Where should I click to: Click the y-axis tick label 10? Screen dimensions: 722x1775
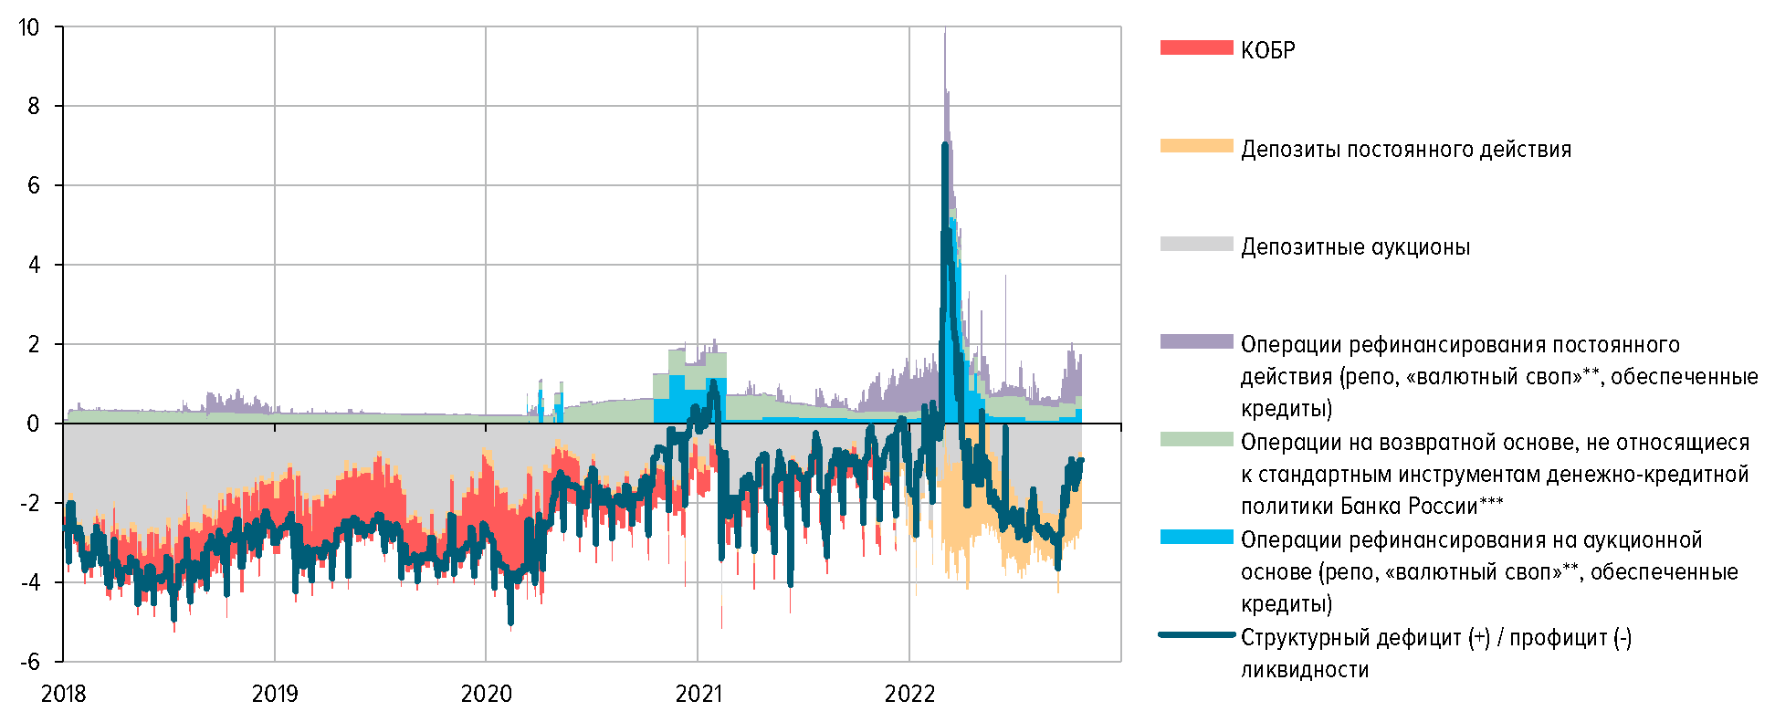(29, 27)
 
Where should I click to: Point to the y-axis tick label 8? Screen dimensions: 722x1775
(34, 106)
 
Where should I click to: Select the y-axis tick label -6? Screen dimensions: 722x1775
(29, 662)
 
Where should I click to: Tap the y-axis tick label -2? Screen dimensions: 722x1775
(29, 503)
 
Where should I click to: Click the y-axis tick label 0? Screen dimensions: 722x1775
(34, 424)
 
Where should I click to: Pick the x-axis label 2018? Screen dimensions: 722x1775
(63, 695)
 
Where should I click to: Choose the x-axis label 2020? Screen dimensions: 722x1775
(486, 695)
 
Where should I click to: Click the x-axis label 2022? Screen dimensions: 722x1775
(909, 695)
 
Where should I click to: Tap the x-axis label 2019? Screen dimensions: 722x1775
(275, 695)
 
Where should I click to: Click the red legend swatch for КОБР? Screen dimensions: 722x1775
(1196, 47)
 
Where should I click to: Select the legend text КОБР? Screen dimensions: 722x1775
(1267, 50)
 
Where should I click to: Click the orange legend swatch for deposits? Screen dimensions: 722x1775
(1196, 146)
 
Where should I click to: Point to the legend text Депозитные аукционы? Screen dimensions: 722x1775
(1355, 247)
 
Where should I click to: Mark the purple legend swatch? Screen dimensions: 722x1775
(1196, 341)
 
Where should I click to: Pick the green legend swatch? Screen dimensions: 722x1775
(1196, 440)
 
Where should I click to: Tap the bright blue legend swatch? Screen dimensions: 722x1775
(1196, 538)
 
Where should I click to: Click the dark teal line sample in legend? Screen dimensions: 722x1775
(1196, 634)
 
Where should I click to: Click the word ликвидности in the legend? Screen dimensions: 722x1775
(1304, 670)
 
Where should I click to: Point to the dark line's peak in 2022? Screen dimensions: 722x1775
(945, 144)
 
